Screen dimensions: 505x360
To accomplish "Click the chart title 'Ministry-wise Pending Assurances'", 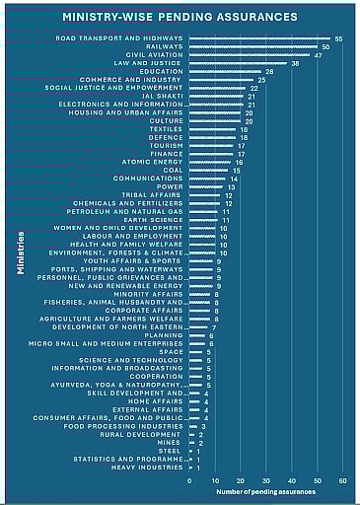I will click(180, 17).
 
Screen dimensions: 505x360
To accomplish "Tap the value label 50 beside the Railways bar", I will click(325, 47).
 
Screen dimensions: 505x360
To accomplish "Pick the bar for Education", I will click(226, 72).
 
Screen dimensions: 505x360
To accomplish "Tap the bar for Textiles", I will click(213, 129).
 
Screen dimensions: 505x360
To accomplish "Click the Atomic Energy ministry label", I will click(152, 162).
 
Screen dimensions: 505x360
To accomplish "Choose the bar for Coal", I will click(209, 171).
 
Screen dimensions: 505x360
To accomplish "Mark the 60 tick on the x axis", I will click(343, 480).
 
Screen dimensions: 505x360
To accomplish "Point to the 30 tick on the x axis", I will click(266, 480).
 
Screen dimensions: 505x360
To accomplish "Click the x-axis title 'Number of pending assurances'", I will click(267, 491).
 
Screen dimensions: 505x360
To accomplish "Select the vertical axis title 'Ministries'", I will click(21, 253).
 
